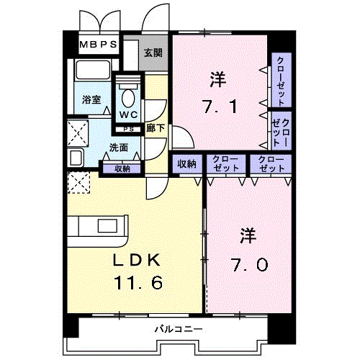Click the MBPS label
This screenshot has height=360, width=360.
(98, 45)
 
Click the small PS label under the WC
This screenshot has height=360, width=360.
(128, 130)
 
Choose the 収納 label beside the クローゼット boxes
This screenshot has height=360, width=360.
(186, 164)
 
